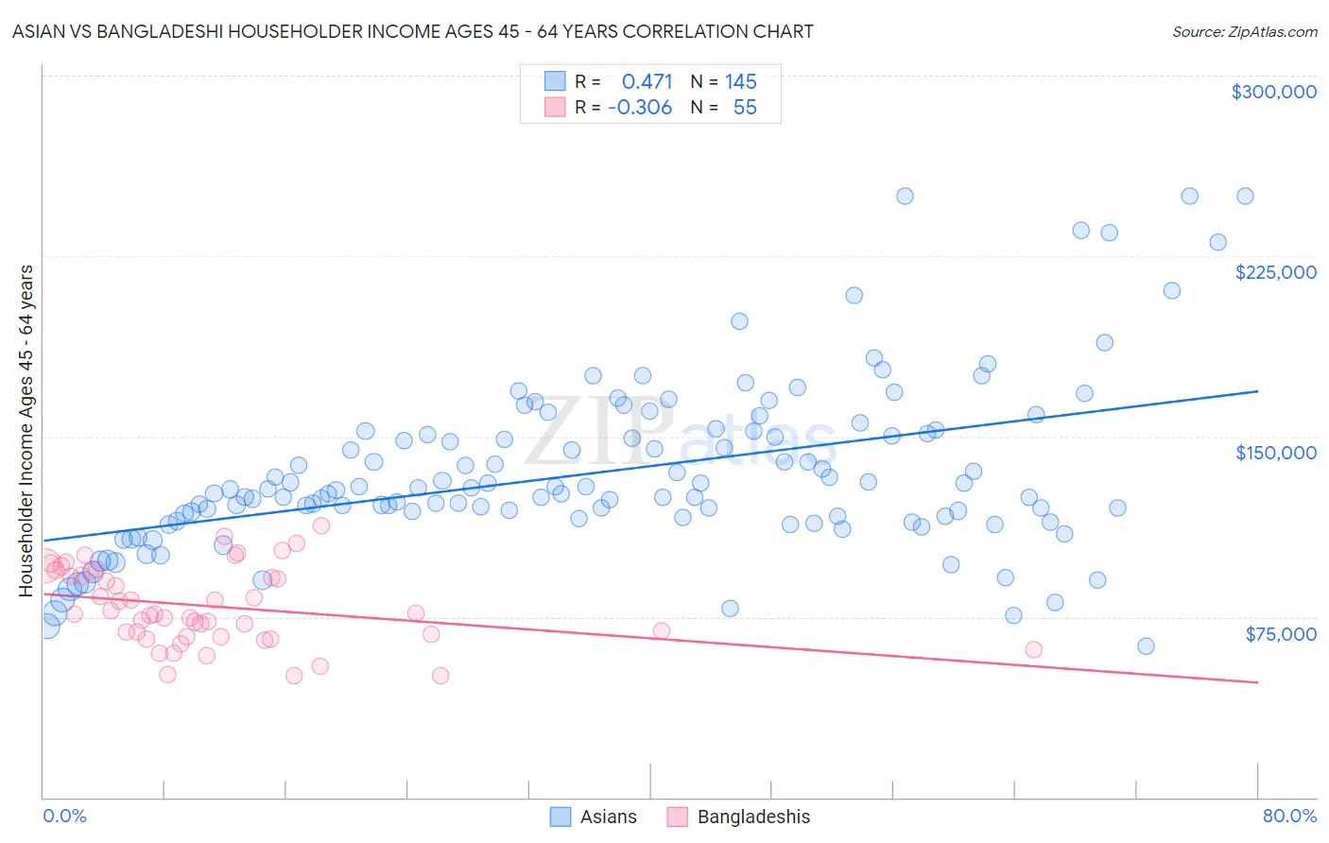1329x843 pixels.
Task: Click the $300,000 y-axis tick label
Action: (x=1273, y=92)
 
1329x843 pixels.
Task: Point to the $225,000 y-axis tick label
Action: (x=1275, y=272)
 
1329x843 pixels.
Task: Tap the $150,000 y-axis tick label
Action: (x=1275, y=453)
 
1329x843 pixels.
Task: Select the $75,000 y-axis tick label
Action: (x=1280, y=634)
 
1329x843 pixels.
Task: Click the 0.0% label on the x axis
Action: (x=64, y=816)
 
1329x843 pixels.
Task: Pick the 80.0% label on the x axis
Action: (x=1289, y=816)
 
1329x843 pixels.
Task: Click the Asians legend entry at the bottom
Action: (x=608, y=817)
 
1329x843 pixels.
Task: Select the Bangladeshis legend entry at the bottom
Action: (x=753, y=817)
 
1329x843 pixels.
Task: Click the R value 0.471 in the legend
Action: (x=647, y=82)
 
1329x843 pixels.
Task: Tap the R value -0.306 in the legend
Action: (x=640, y=108)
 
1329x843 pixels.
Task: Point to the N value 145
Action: (x=741, y=82)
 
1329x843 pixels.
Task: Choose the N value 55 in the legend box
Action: (x=745, y=108)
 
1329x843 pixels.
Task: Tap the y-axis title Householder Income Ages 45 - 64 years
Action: (x=26, y=431)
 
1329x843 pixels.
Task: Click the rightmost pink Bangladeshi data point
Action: (x=1033, y=649)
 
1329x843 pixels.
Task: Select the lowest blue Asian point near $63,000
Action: (x=1146, y=646)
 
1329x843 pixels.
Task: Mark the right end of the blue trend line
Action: (x=1257, y=390)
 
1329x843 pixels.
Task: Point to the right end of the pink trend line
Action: (x=1257, y=682)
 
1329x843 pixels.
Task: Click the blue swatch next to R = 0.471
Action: (x=554, y=82)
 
